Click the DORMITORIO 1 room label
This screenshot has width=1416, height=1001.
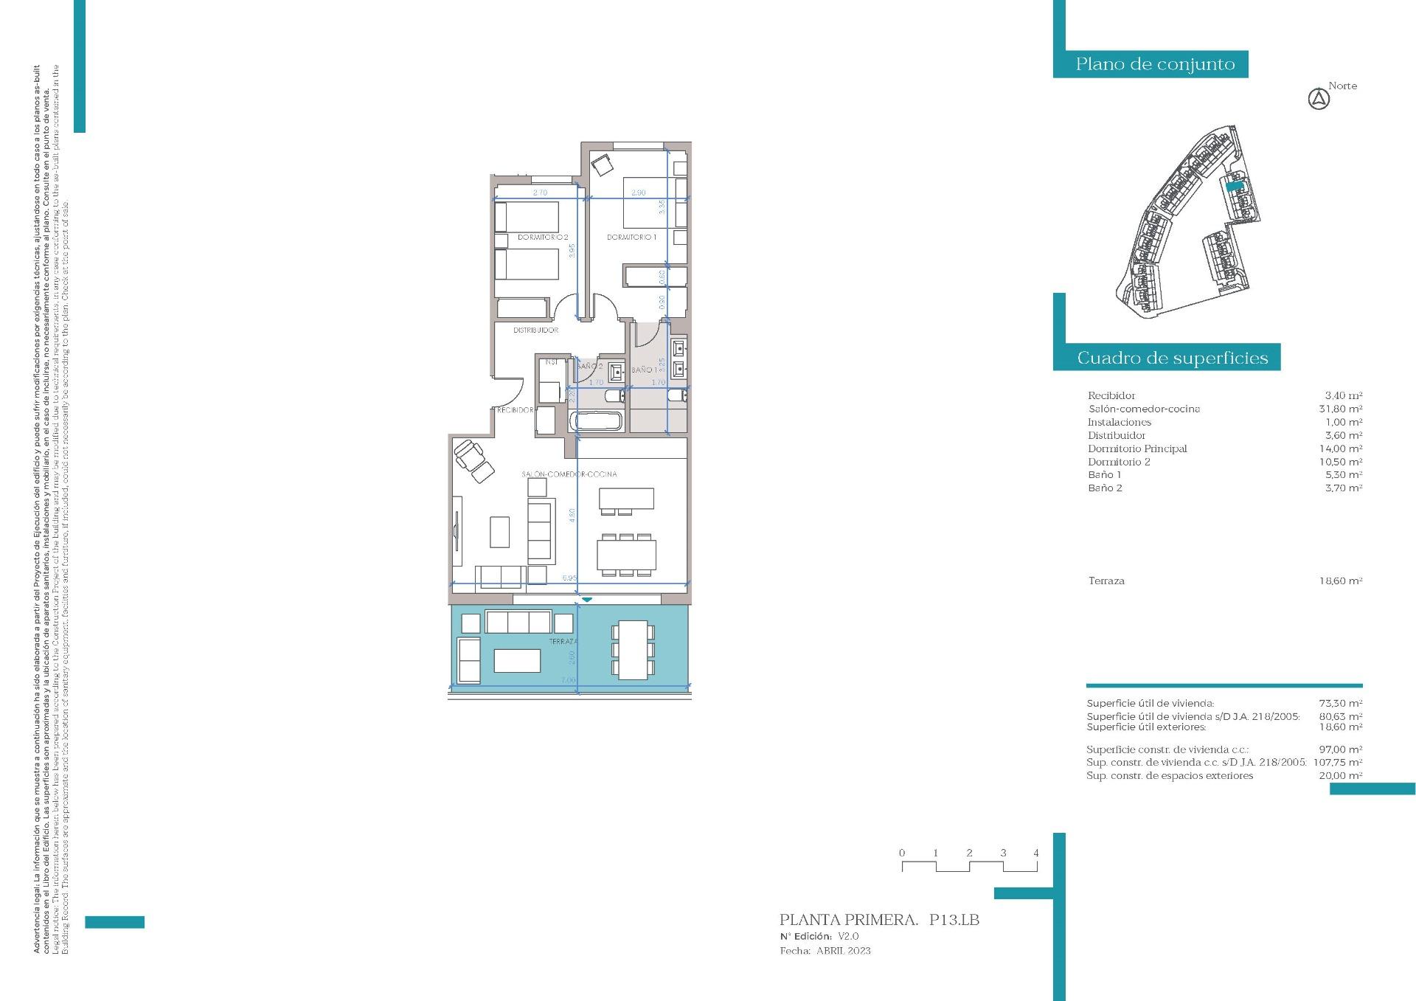tap(631, 238)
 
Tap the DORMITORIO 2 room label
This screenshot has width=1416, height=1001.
tap(542, 238)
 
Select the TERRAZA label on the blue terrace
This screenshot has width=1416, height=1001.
tap(563, 642)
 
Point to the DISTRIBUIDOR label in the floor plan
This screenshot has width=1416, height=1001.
tap(535, 330)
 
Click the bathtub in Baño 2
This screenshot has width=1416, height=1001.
tap(596, 423)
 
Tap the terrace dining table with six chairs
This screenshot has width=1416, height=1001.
tap(633, 650)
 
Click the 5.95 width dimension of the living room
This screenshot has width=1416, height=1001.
tap(569, 578)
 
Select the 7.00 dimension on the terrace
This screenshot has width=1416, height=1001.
tap(568, 680)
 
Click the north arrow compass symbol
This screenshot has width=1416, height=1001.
tap(1319, 99)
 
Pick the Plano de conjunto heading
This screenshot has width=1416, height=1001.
tap(1155, 64)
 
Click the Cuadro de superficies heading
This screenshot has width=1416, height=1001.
tap(1172, 359)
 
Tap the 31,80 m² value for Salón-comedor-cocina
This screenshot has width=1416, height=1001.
tap(1340, 409)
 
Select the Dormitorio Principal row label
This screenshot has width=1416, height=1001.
tap(1137, 448)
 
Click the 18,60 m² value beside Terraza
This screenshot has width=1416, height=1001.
tap(1340, 581)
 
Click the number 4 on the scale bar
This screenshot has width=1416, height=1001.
tap(1036, 853)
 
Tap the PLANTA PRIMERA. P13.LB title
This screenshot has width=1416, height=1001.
tap(879, 920)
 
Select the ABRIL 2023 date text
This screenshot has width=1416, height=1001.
tap(843, 951)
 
